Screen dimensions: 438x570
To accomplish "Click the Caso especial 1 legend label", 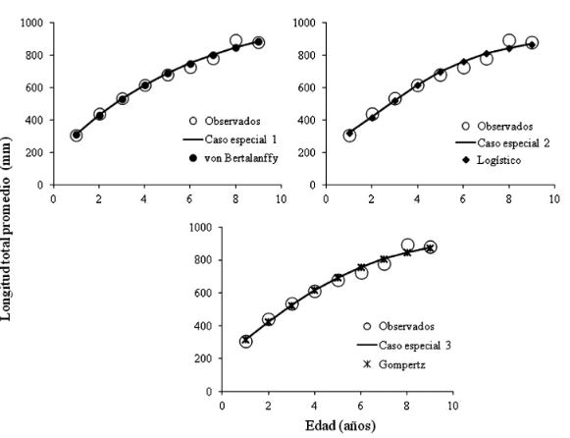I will (x=217, y=141).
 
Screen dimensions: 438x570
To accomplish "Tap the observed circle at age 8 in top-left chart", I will (x=236, y=41).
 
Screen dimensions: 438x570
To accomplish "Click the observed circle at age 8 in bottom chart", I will (x=407, y=246).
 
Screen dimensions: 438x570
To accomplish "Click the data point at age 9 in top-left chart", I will (x=258, y=42).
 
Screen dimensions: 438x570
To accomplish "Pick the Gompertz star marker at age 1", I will (x=245, y=340).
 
